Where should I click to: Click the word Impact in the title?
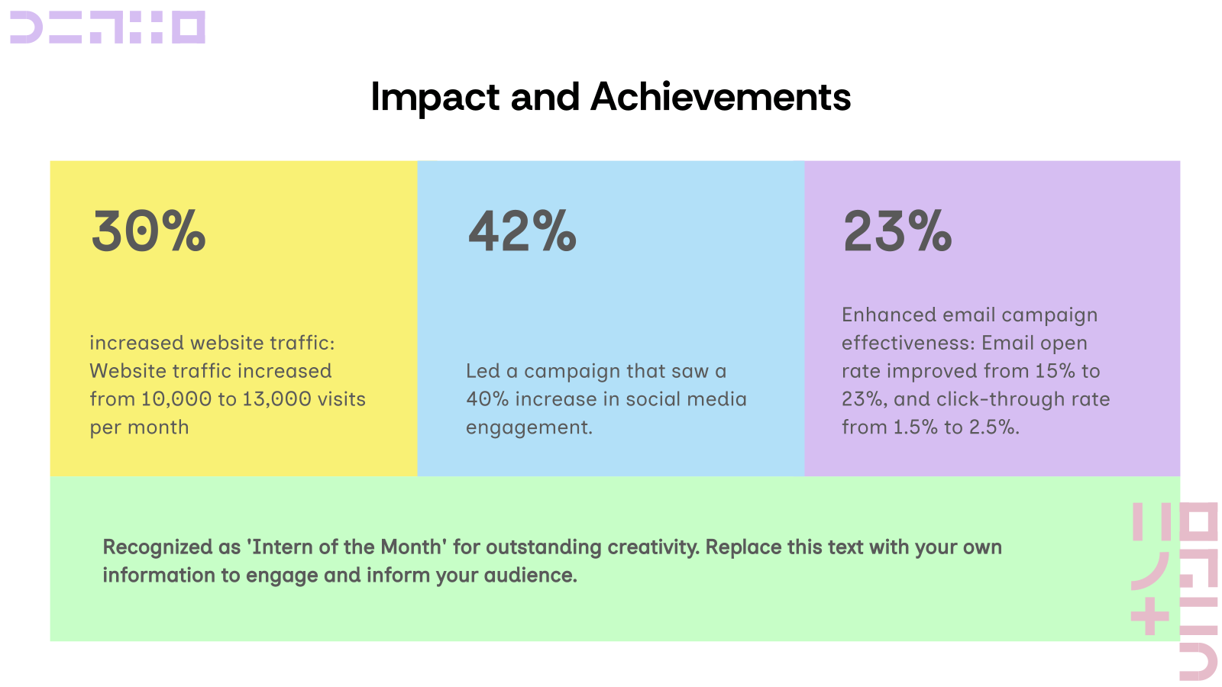coord(435,98)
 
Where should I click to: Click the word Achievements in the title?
coord(720,98)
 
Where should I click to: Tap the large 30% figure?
coord(148,231)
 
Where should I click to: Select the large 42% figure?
coord(522,231)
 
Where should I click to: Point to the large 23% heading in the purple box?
coord(897,231)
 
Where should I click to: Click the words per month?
coord(139,427)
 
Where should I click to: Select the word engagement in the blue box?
coord(529,428)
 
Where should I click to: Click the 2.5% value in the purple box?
coord(993,427)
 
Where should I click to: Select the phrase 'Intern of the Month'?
coord(347,547)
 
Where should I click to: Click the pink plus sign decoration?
coord(1150,616)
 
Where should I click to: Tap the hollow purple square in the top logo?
coord(188,27)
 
